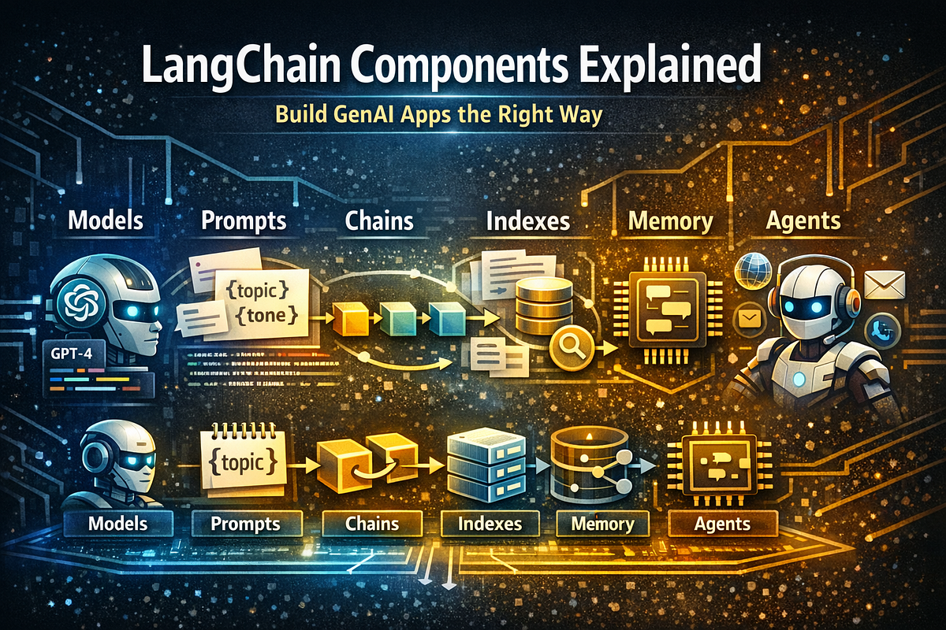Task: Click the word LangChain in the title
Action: click(x=240, y=65)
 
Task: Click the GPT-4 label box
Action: click(x=73, y=352)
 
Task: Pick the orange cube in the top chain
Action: click(x=351, y=318)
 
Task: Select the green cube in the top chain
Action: click(x=398, y=318)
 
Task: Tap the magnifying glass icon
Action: click(x=572, y=348)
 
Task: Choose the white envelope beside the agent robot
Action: click(x=885, y=284)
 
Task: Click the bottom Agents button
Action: click(x=723, y=524)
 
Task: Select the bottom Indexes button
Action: click(x=490, y=524)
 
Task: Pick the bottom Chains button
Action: click(x=371, y=524)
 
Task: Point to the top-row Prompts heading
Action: click(x=244, y=221)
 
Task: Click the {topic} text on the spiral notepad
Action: click(x=243, y=463)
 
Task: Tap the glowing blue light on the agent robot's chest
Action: click(x=799, y=380)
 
